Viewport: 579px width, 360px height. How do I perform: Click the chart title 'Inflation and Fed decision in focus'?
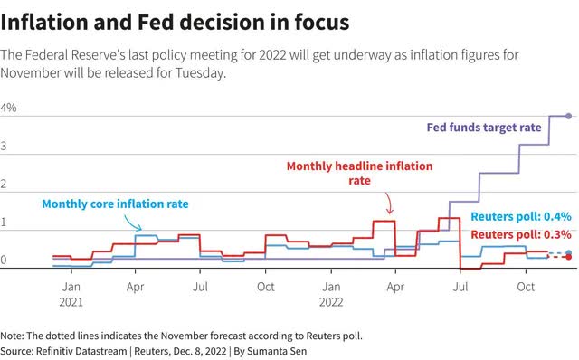(x=175, y=22)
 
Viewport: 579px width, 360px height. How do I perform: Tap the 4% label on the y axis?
(x=8, y=108)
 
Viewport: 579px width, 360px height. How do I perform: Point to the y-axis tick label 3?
(x=4, y=147)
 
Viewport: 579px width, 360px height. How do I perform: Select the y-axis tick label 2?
(x=4, y=184)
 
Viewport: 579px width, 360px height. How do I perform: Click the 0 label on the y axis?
(x=4, y=260)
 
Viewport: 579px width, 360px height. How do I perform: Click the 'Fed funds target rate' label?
(x=484, y=128)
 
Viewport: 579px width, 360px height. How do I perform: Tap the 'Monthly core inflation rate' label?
(x=115, y=204)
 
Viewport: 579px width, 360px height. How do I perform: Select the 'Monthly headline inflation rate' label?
(x=360, y=173)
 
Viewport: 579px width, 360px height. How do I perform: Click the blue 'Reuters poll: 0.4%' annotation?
(x=521, y=216)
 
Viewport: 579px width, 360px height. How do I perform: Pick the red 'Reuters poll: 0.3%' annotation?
(x=521, y=234)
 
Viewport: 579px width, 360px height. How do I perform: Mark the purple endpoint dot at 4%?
(x=569, y=116)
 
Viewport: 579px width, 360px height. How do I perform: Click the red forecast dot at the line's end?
(x=569, y=257)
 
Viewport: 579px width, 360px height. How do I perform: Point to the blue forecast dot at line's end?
(x=569, y=253)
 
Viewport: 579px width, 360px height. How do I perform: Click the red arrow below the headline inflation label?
(x=389, y=204)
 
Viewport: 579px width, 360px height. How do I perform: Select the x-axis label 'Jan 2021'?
(x=71, y=294)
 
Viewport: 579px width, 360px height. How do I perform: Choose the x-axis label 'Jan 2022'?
(x=331, y=294)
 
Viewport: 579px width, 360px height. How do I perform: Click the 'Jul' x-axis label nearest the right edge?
(x=460, y=287)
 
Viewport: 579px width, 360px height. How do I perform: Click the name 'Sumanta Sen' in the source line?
(x=277, y=351)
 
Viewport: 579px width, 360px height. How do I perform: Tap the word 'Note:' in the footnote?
(x=12, y=336)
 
